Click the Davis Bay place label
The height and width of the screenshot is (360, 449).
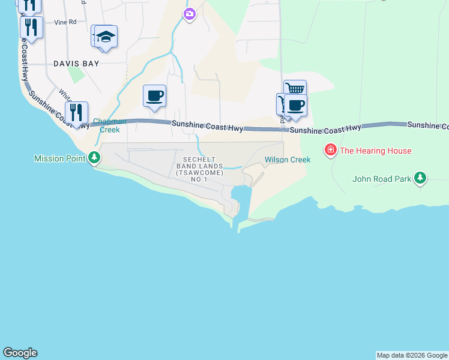(x=75, y=63)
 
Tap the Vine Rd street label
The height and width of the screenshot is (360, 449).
(x=65, y=22)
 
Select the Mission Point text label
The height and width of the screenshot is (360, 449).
(x=60, y=158)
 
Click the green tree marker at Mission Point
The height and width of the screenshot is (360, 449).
(x=94, y=158)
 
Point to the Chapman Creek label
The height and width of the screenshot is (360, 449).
(x=110, y=125)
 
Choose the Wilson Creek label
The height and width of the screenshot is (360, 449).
(x=288, y=160)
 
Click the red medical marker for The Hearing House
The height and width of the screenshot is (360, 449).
(x=330, y=150)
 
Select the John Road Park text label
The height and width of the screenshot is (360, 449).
(x=382, y=179)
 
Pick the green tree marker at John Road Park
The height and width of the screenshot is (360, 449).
(x=421, y=178)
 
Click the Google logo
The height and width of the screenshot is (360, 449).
(x=20, y=353)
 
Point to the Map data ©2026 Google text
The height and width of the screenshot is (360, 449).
(x=412, y=355)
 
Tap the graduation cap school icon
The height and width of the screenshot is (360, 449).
(x=106, y=37)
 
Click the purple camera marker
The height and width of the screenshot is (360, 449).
(x=190, y=14)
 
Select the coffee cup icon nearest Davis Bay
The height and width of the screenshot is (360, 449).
(x=155, y=95)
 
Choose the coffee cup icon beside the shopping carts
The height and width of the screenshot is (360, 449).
(x=295, y=106)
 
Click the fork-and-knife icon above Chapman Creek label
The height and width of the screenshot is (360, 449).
(x=77, y=112)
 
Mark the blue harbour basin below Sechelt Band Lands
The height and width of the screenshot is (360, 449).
(x=241, y=198)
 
